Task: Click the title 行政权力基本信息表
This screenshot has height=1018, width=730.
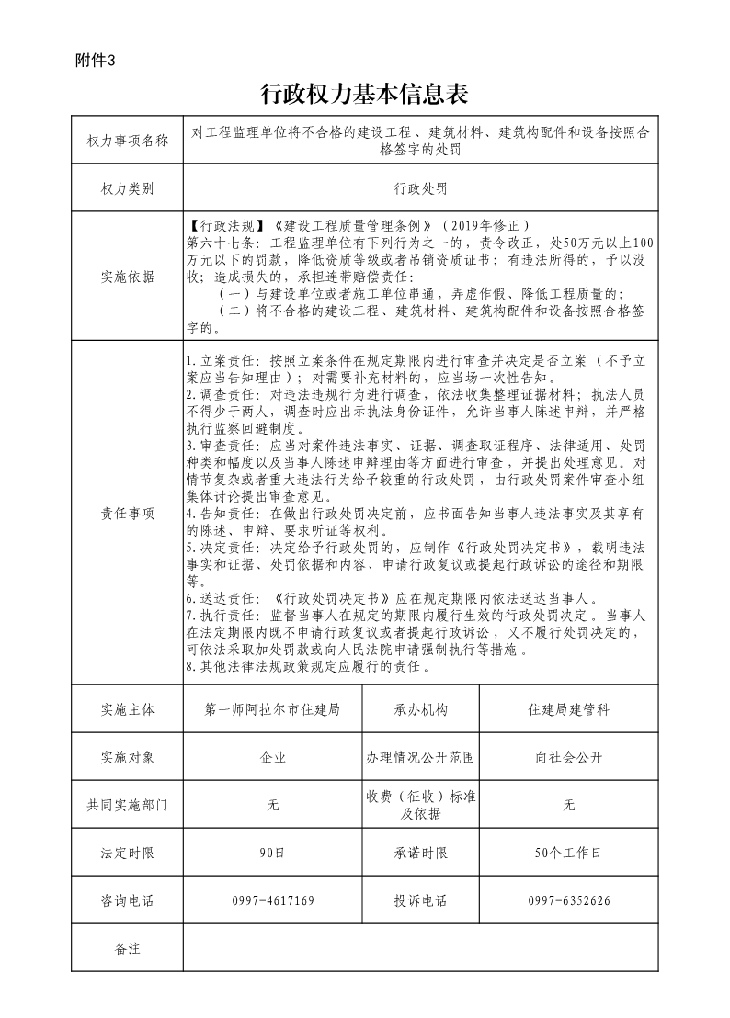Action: [365, 94]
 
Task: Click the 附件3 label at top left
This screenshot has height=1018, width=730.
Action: [96, 62]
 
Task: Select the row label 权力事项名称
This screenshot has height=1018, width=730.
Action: [128, 141]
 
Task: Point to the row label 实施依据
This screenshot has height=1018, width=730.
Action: [128, 277]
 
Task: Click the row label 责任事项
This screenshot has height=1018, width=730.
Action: [128, 513]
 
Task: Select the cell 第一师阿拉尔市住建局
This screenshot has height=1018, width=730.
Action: [273, 710]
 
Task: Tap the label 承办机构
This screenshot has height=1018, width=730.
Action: [420, 710]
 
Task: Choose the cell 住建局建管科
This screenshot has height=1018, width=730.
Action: [568, 710]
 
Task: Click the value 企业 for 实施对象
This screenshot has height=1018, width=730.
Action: [273, 758]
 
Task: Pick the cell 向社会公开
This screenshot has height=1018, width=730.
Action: [568, 758]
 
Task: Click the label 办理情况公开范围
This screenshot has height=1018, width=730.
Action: [420, 758]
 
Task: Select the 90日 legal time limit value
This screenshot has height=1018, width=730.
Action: [273, 853]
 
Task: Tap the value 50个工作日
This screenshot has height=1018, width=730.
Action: [568, 853]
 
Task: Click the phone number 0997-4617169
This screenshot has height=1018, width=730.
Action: [273, 900]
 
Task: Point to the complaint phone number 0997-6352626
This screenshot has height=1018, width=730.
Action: [568, 900]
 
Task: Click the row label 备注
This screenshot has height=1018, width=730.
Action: [128, 948]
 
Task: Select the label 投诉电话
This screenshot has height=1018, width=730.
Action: [420, 900]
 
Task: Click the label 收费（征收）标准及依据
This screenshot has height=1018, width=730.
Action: [420, 805]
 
